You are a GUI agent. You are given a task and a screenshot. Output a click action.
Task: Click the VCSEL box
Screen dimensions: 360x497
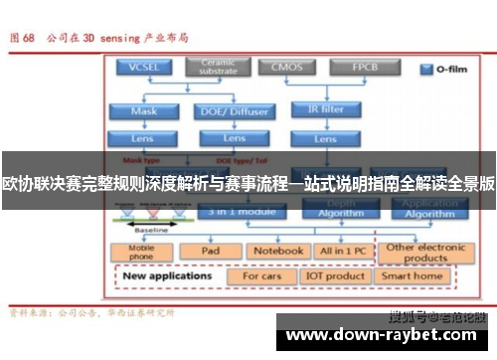143,68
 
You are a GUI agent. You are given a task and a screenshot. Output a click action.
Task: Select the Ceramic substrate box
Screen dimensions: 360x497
217,67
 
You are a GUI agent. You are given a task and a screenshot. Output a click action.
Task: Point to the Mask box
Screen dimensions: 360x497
143,110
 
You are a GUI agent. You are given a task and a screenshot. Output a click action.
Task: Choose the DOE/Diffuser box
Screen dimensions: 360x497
235,110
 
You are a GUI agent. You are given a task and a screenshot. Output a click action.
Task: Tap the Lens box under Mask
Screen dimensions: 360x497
143,138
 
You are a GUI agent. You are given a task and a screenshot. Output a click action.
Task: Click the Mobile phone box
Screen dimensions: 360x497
143,252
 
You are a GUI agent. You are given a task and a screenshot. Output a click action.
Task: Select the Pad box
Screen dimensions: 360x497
211,252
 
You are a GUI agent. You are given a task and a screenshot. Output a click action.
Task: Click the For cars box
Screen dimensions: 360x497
263,275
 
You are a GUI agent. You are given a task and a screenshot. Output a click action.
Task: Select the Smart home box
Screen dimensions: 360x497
413,275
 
